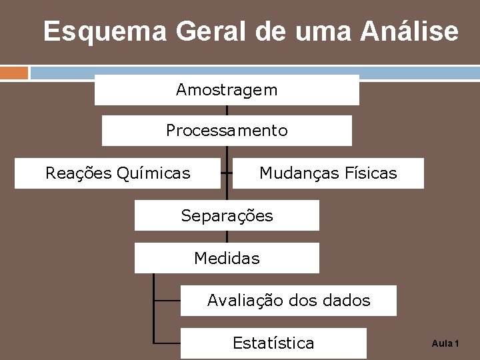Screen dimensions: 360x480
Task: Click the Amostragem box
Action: [x=227, y=90]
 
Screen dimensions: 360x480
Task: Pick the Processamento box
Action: [x=227, y=131]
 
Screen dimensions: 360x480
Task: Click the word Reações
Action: [x=78, y=174]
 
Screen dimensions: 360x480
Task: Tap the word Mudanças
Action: [x=299, y=174]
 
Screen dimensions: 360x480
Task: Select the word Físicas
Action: [x=371, y=174]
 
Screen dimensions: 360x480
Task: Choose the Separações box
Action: [x=227, y=216]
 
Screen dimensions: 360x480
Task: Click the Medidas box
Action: [x=227, y=258]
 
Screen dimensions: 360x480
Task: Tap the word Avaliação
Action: [x=245, y=301]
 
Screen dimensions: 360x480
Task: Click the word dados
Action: [x=345, y=301]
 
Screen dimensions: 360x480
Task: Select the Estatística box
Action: [x=273, y=343]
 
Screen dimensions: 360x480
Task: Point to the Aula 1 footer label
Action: [x=445, y=343]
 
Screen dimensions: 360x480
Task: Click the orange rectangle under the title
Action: [x=14, y=72]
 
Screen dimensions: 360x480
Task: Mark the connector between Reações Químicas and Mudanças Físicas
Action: [x=227, y=173]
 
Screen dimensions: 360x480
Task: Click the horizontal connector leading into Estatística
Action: [x=167, y=343]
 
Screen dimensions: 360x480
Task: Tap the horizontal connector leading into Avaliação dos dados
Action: [x=167, y=301]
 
